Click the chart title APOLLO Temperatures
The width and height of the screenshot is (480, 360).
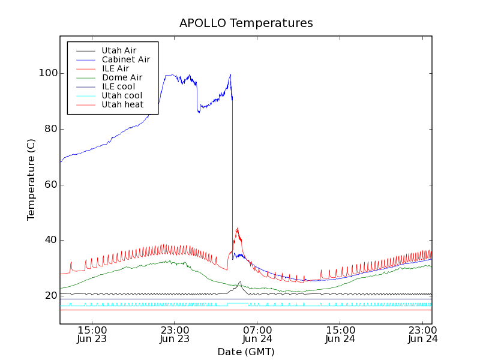click(246, 23)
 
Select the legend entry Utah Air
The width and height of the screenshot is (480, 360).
click(119, 50)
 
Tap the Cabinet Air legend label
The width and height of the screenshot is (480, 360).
click(125, 59)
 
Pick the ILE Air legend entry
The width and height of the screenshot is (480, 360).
click(115, 68)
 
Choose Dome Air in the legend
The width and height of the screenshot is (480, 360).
click(122, 77)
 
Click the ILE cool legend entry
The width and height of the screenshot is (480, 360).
click(118, 86)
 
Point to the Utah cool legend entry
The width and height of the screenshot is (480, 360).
click(122, 95)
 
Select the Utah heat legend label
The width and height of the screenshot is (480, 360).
click(122, 104)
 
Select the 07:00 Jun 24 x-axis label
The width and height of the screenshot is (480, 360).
click(257, 334)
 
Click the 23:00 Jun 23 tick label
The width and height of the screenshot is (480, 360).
click(175, 334)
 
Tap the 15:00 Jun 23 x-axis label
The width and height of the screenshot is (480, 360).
click(92, 334)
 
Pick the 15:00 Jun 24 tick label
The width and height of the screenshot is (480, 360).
click(340, 334)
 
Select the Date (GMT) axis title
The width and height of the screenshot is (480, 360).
click(246, 352)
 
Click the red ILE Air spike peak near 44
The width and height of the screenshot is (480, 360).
click(238, 229)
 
